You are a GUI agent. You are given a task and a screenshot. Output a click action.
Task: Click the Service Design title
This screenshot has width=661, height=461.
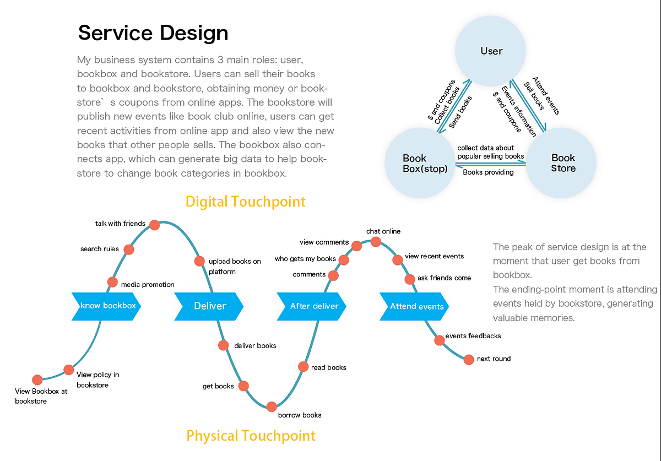point(153,33)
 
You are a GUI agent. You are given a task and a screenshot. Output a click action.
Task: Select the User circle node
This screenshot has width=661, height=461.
point(491,51)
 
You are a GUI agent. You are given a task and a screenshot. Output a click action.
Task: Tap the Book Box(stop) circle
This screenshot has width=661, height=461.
point(421,164)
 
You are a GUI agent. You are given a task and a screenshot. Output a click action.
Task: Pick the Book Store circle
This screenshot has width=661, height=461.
point(562,164)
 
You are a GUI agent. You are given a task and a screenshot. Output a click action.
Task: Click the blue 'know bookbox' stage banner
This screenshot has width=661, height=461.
point(107,306)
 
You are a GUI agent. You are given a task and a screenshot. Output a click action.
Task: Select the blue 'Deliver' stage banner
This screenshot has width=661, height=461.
point(209,306)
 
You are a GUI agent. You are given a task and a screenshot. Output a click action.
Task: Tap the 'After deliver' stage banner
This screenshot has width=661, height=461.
point(312,306)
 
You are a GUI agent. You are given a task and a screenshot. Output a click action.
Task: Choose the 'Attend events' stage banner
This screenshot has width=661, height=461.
point(415,306)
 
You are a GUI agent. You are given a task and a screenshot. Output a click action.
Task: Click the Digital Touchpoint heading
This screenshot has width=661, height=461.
point(245,202)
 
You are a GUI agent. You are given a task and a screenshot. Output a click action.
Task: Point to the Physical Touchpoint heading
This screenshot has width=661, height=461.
point(251,436)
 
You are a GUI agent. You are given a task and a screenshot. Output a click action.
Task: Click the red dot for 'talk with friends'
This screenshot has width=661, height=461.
point(155,224)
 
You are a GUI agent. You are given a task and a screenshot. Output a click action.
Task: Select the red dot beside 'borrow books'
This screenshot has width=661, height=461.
point(272,406)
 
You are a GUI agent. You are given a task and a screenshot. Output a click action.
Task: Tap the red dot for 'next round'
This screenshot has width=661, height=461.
point(469,360)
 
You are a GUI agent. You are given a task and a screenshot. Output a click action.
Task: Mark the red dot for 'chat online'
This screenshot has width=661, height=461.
point(376,242)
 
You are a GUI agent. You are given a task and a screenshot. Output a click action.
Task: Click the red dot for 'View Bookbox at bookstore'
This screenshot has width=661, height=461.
point(37,379)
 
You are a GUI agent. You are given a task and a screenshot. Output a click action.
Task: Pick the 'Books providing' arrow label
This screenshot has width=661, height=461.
point(488,172)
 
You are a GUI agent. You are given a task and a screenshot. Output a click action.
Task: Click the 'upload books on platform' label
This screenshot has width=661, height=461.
point(235,266)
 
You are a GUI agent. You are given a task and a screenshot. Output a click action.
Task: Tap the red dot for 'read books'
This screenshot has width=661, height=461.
point(303,366)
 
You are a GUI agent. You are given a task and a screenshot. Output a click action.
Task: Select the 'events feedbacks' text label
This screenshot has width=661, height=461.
point(473,335)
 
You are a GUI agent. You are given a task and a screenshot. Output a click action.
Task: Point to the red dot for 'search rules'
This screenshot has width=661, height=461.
point(129,250)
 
